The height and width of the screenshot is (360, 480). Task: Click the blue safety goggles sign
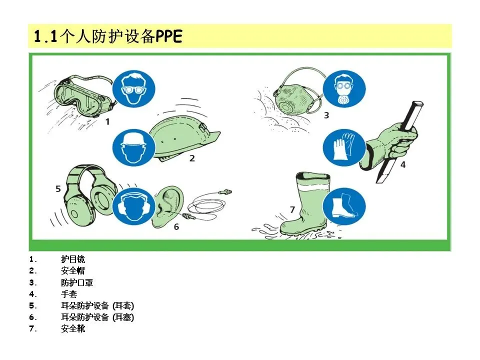[133, 89]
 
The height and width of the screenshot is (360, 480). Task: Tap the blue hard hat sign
[133, 147]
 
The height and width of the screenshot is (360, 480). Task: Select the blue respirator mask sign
[344, 89]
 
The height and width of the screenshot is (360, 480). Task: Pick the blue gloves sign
[344, 147]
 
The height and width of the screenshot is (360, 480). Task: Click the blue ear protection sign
[133, 206]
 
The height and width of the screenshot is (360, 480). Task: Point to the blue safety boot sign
[344, 206]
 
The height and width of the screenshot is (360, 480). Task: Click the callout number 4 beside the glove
[403, 164]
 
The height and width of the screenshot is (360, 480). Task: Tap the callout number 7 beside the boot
[292, 209]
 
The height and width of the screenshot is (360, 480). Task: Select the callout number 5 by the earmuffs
[58, 188]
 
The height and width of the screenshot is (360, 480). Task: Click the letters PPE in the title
[169, 36]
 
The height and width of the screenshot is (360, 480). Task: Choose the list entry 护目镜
[73, 259]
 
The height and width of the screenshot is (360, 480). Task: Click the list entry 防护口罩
[77, 282]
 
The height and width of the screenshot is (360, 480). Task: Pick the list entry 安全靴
[73, 328]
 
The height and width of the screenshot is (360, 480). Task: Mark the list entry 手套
[69, 294]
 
